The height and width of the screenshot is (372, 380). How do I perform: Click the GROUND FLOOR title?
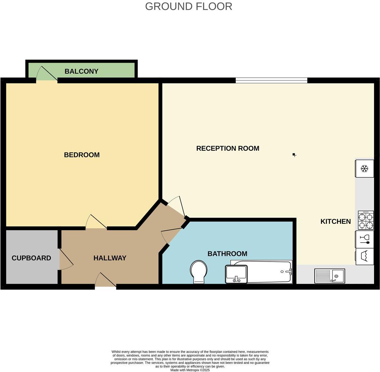(189, 6)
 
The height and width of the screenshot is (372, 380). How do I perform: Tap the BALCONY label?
(81, 71)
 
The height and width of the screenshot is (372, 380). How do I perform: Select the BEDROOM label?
(82, 155)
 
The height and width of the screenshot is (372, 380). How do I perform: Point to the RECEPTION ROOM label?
(228, 148)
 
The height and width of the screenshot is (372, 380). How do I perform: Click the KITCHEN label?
(336, 221)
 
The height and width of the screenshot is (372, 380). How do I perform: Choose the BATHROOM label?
(227, 254)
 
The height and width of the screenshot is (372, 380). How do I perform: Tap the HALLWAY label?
(110, 258)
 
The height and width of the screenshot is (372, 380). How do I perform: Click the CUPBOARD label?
(31, 258)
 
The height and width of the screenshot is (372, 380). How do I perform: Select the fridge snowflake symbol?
(364, 169)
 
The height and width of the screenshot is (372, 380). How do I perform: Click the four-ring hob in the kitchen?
(366, 220)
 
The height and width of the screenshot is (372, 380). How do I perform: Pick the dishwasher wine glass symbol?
(365, 239)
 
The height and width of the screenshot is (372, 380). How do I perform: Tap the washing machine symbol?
(365, 257)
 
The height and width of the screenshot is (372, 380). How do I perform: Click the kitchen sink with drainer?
(329, 276)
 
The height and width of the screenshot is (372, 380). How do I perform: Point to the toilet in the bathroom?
(198, 271)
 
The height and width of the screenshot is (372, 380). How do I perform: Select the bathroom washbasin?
(236, 274)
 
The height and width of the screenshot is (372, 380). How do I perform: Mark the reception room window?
(271, 80)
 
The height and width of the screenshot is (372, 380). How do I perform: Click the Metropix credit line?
(190, 370)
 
